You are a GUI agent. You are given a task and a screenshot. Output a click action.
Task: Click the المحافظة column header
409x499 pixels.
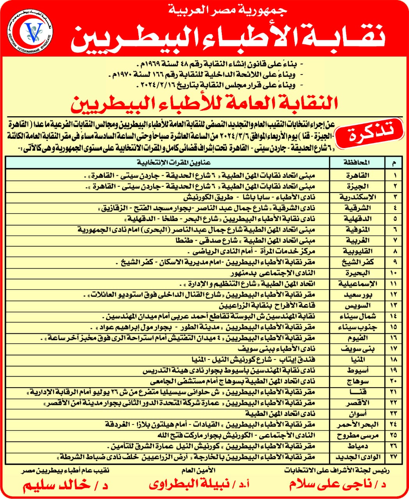(356, 163)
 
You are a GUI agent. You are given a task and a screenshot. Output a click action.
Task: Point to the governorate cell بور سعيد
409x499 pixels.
(356, 295)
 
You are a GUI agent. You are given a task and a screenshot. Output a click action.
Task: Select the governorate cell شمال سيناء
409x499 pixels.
(356, 317)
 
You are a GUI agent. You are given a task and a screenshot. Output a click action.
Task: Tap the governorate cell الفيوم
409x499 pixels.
(356, 338)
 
